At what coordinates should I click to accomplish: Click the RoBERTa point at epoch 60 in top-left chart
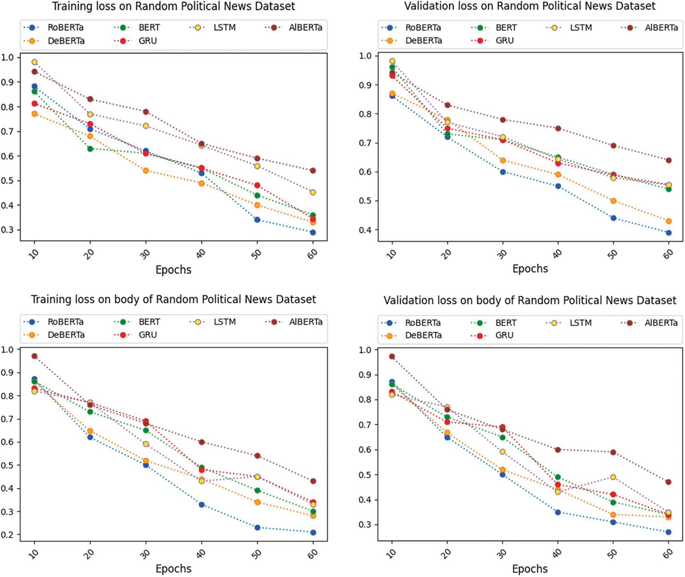click(x=313, y=233)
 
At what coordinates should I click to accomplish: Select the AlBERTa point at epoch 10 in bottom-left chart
click(x=34, y=356)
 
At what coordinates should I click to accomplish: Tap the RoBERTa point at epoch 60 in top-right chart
click(x=669, y=233)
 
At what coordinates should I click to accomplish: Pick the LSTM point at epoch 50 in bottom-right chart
click(x=613, y=477)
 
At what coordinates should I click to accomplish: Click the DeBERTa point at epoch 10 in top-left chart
click(x=34, y=114)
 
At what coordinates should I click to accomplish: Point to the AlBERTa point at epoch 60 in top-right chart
click(x=669, y=160)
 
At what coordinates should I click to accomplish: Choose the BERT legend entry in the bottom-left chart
click(x=140, y=322)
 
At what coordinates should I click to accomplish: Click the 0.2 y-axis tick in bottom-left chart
click(x=7, y=535)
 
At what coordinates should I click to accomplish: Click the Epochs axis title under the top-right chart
click(x=530, y=269)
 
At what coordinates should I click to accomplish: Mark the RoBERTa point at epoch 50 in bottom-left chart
click(x=257, y=528)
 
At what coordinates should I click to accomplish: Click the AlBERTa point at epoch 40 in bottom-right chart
click(x=558, y=450)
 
